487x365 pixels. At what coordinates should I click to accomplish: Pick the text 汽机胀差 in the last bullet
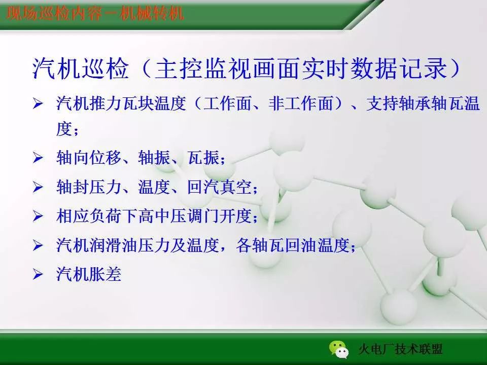pos(89,275)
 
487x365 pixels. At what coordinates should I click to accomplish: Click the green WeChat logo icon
pos(338,348)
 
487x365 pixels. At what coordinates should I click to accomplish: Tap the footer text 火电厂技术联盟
pos(400,349)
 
